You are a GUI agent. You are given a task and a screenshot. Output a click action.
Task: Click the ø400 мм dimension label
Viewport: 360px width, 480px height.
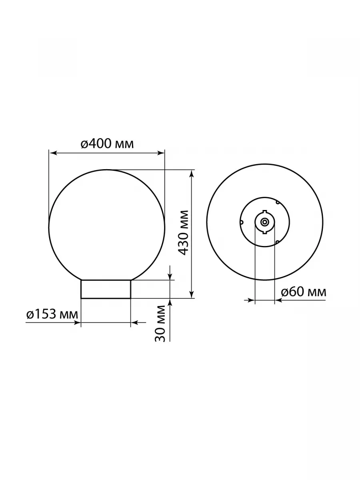107,144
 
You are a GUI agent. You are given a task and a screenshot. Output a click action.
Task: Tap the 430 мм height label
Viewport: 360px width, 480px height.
183,233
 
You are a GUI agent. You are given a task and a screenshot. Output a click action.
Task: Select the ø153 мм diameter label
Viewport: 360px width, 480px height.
52,314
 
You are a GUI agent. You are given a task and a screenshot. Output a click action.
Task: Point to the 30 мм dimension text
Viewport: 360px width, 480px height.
160,323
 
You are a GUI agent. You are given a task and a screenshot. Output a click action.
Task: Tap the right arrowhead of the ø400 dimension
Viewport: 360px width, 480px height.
160,153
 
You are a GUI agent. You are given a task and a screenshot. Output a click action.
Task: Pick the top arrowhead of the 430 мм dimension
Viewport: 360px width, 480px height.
192,174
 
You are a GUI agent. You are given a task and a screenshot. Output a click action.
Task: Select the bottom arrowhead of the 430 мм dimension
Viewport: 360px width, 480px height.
192,294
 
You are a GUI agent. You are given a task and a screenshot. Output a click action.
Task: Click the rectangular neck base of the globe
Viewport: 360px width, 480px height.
106,289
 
